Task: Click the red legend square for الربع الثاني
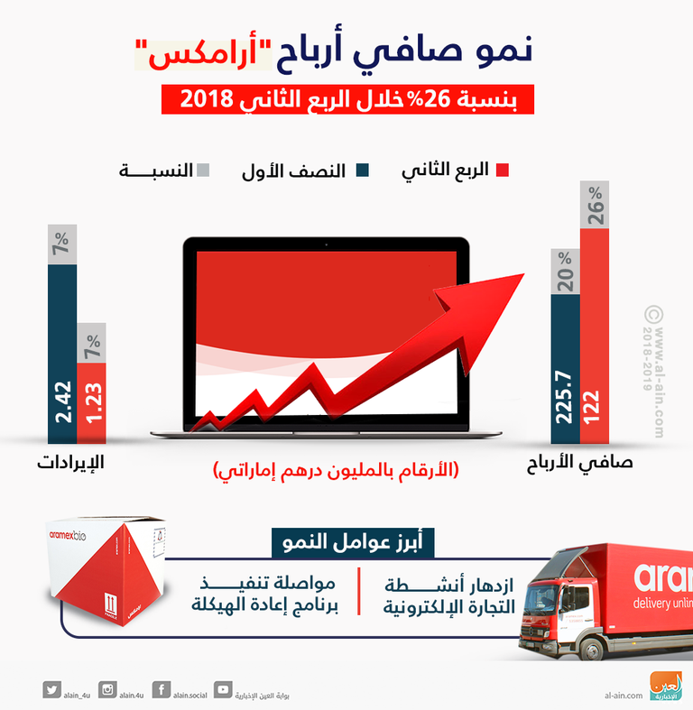pyautogui.click(x=503, y=170)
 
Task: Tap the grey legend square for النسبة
pyautogui.click(x=203, y=170)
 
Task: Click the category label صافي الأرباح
pyautogui.click(x=578, y=464)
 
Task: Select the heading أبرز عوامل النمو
pyautogui.click(x=354, y=544)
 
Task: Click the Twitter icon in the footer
pyautogui.click(x=51, y=690)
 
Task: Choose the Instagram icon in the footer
pyautogui.click(x=107, y=690)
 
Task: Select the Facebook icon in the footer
pyautogui.click(x=162, y=690)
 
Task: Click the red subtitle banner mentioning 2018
pyautogui.click(x=346, y=98)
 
